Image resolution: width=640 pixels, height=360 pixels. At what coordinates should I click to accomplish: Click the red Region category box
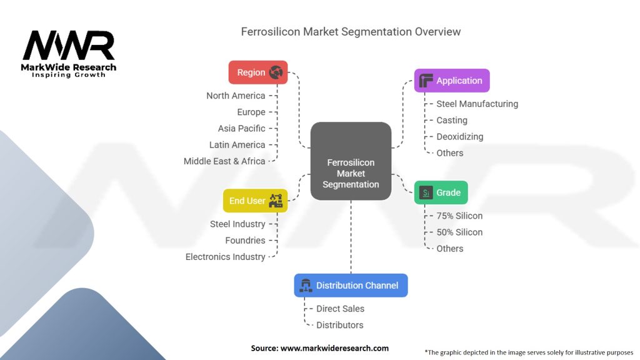[x=258, y=72]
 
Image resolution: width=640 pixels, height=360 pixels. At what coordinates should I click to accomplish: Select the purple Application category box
[x=452, y=81]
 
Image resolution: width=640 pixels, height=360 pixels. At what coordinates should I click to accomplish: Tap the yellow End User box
[x=255, y=201]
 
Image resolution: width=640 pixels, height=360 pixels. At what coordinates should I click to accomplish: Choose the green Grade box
[x=441, y=192]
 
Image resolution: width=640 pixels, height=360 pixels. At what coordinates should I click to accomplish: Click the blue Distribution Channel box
[x=351, y=285]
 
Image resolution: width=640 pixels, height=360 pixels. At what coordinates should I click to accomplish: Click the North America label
[x=236, y=96]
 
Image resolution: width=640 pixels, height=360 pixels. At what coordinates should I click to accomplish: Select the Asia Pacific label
[x=241, y=128]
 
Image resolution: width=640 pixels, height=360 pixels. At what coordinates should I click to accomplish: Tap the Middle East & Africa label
[x=224, y=161]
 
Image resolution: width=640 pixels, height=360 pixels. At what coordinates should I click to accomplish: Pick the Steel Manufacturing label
[x=477, y=104]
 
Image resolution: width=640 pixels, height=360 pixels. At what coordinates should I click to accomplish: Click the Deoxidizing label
[x=459, y=136]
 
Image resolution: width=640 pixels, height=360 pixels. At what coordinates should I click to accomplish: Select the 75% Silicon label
[x=459, y=216]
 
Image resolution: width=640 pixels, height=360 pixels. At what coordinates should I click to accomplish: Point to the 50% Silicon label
[x=459, y=232]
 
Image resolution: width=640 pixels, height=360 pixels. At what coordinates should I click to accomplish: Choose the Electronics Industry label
[x=225, y=256]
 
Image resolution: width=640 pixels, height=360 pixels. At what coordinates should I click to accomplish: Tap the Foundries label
[x=246, y=240]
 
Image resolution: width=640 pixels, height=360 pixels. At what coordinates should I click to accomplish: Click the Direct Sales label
[x=340, y=308]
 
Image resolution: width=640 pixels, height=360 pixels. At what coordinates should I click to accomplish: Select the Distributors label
[x=339, y=324]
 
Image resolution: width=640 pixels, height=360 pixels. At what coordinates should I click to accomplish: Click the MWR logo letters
[x=69, y=46]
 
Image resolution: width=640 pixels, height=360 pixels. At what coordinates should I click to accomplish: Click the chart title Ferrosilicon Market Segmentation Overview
[x=351, y=31]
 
